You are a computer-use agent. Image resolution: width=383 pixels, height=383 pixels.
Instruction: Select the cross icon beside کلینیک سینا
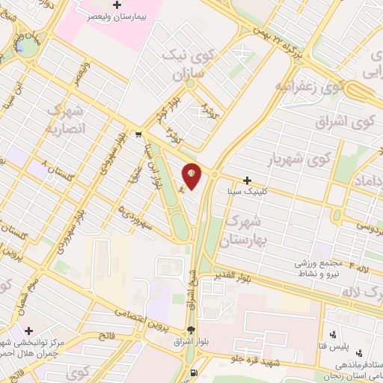click(248, 180)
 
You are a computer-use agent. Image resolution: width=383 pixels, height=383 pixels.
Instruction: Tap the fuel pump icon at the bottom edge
click(195, 373)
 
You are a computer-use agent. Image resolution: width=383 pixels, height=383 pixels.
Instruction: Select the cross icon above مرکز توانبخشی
click(28, 330)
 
